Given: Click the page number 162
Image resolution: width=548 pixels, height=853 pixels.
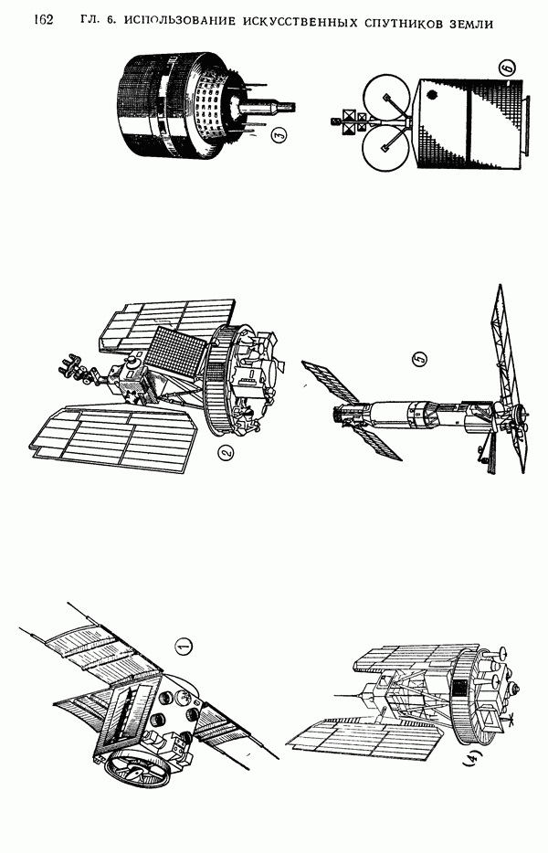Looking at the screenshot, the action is pyautogui.click(x=43, y=20).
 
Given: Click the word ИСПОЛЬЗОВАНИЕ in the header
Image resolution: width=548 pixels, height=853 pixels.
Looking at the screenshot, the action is pyautogui.click(x=181, y=21).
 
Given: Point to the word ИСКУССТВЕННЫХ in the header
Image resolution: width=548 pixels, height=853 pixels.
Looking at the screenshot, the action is pyautogui.click(x=299, y=22).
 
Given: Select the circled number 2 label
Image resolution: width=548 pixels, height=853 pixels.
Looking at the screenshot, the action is pyautogui.click(x=226, y=451).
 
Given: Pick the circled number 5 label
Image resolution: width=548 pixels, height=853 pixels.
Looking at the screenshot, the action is pyautogui.click(x=420, y=359).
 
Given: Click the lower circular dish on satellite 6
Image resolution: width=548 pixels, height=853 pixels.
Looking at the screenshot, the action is pyautogui.click(x=385, y=149).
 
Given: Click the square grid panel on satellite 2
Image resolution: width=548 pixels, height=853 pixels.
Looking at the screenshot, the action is pyautogui.click(x=180, y=354).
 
